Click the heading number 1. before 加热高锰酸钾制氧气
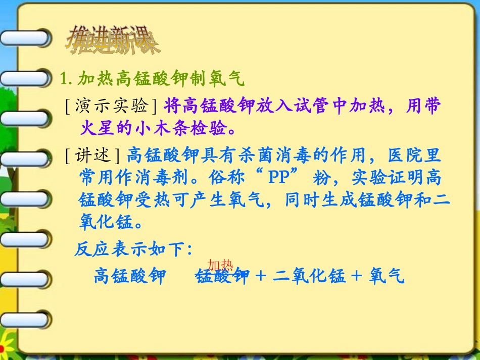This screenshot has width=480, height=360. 67,79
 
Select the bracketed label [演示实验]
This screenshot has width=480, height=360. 111,106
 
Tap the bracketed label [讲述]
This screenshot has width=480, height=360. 93,155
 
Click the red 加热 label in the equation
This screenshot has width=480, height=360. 220,266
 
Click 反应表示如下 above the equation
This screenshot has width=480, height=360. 133,249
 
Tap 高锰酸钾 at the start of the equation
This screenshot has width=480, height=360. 130,277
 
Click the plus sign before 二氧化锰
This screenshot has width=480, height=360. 261,277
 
